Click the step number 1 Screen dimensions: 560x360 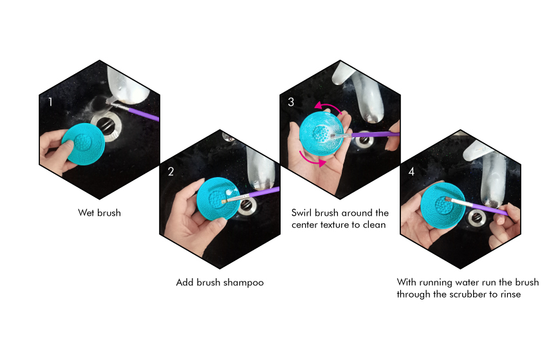pos(50,102)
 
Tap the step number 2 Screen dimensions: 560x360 pos(171,171)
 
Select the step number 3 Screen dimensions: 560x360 pos(291,102)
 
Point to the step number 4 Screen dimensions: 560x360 pos(411,171)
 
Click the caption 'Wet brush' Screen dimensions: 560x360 pos(99,213)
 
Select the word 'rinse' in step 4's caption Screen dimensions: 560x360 pos(510,294)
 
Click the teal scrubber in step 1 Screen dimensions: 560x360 pos(84,144)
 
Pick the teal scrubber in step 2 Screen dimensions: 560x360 pos(218,198)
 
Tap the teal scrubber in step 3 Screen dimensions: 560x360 pos(321,133)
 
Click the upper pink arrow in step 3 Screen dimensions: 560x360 pos(328,105)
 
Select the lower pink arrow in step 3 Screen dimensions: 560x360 pos(312,160)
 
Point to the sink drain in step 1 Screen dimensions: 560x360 pos(107,127)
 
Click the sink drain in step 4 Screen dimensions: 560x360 pos(476,218)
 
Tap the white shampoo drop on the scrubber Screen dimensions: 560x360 pos(229,193)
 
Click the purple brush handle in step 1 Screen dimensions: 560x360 pos(143,113)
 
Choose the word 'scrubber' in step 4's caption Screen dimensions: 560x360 pos(468,294)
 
